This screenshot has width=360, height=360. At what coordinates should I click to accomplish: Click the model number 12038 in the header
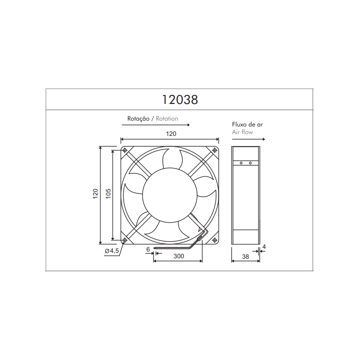(180, 99)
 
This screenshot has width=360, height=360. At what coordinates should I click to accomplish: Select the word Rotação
(139, 119)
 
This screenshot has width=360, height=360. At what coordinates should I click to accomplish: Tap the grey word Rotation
(167, 119)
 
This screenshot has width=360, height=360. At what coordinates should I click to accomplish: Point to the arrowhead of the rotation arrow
(189, 125)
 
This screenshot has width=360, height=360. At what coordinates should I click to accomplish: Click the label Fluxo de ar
(247, 125)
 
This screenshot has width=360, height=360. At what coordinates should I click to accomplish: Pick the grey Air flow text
(243, 132)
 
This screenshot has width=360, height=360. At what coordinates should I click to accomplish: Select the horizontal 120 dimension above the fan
(171, 134)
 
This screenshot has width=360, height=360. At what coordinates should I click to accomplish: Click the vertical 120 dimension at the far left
(95, 194)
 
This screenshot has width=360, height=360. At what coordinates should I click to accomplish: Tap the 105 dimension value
(108, 194)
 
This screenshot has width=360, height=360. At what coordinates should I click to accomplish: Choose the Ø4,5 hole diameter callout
(111, 251)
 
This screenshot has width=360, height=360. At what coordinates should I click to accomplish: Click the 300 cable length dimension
(179, 256)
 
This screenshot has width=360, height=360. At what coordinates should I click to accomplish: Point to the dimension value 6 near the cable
(148, 249)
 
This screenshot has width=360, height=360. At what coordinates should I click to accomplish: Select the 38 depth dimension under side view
(245, 256)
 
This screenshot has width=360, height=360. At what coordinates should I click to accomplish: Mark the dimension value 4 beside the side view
(264, 247)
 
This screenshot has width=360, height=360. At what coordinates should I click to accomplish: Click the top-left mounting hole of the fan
(125, 150)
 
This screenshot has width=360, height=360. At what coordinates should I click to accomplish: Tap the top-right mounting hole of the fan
(215, 150)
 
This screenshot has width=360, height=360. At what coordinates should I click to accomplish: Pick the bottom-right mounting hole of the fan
(215, 239)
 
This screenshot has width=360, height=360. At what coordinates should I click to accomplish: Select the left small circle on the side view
(241, 163)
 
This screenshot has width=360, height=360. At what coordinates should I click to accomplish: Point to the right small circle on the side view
(251, 163)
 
